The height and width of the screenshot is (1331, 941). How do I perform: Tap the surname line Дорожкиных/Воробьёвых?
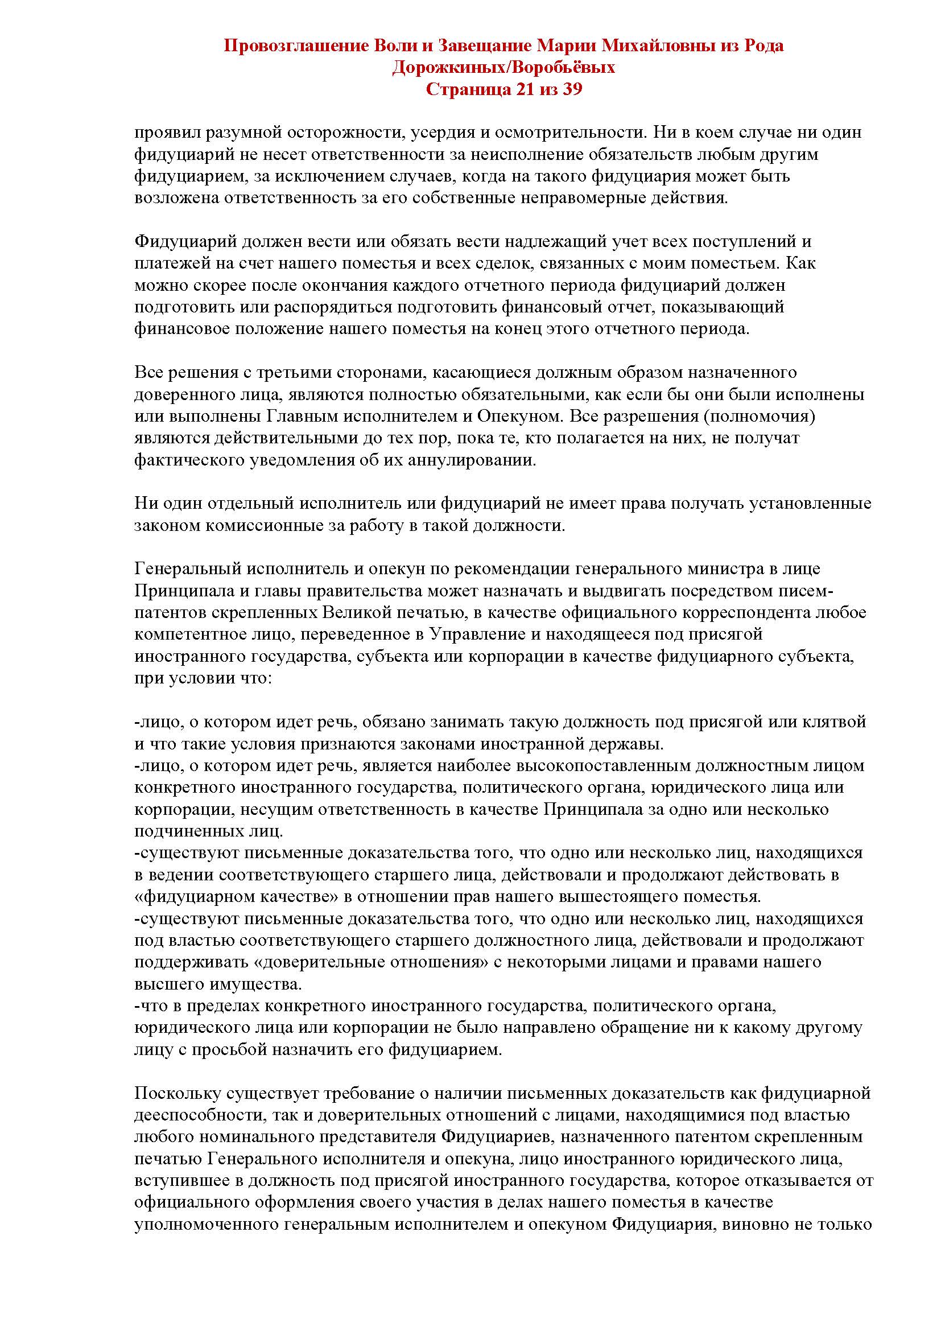pyautogui.click(x=503, y=68)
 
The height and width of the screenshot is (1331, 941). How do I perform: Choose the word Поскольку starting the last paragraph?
pyautogui.click(x=176, y=1094)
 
